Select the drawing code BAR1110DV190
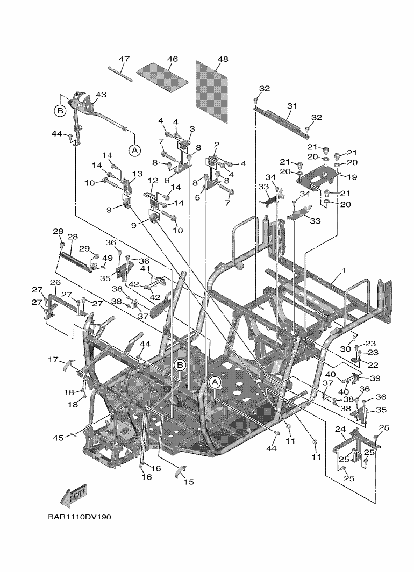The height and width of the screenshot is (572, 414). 79,517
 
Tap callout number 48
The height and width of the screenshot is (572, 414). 223,59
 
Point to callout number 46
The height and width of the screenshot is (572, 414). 173,59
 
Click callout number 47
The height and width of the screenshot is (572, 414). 124,59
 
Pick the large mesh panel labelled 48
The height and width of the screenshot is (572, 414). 211,91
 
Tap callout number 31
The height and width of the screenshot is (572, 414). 292,106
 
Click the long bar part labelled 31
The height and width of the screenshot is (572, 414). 281,122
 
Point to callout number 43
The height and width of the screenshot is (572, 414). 101,95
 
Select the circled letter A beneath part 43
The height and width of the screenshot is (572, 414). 134,149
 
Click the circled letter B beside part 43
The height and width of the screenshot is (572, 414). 60,110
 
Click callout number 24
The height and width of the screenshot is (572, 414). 340,429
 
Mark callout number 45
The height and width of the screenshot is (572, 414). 59,438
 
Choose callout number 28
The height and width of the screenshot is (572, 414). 73,237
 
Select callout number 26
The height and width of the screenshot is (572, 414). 55,282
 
